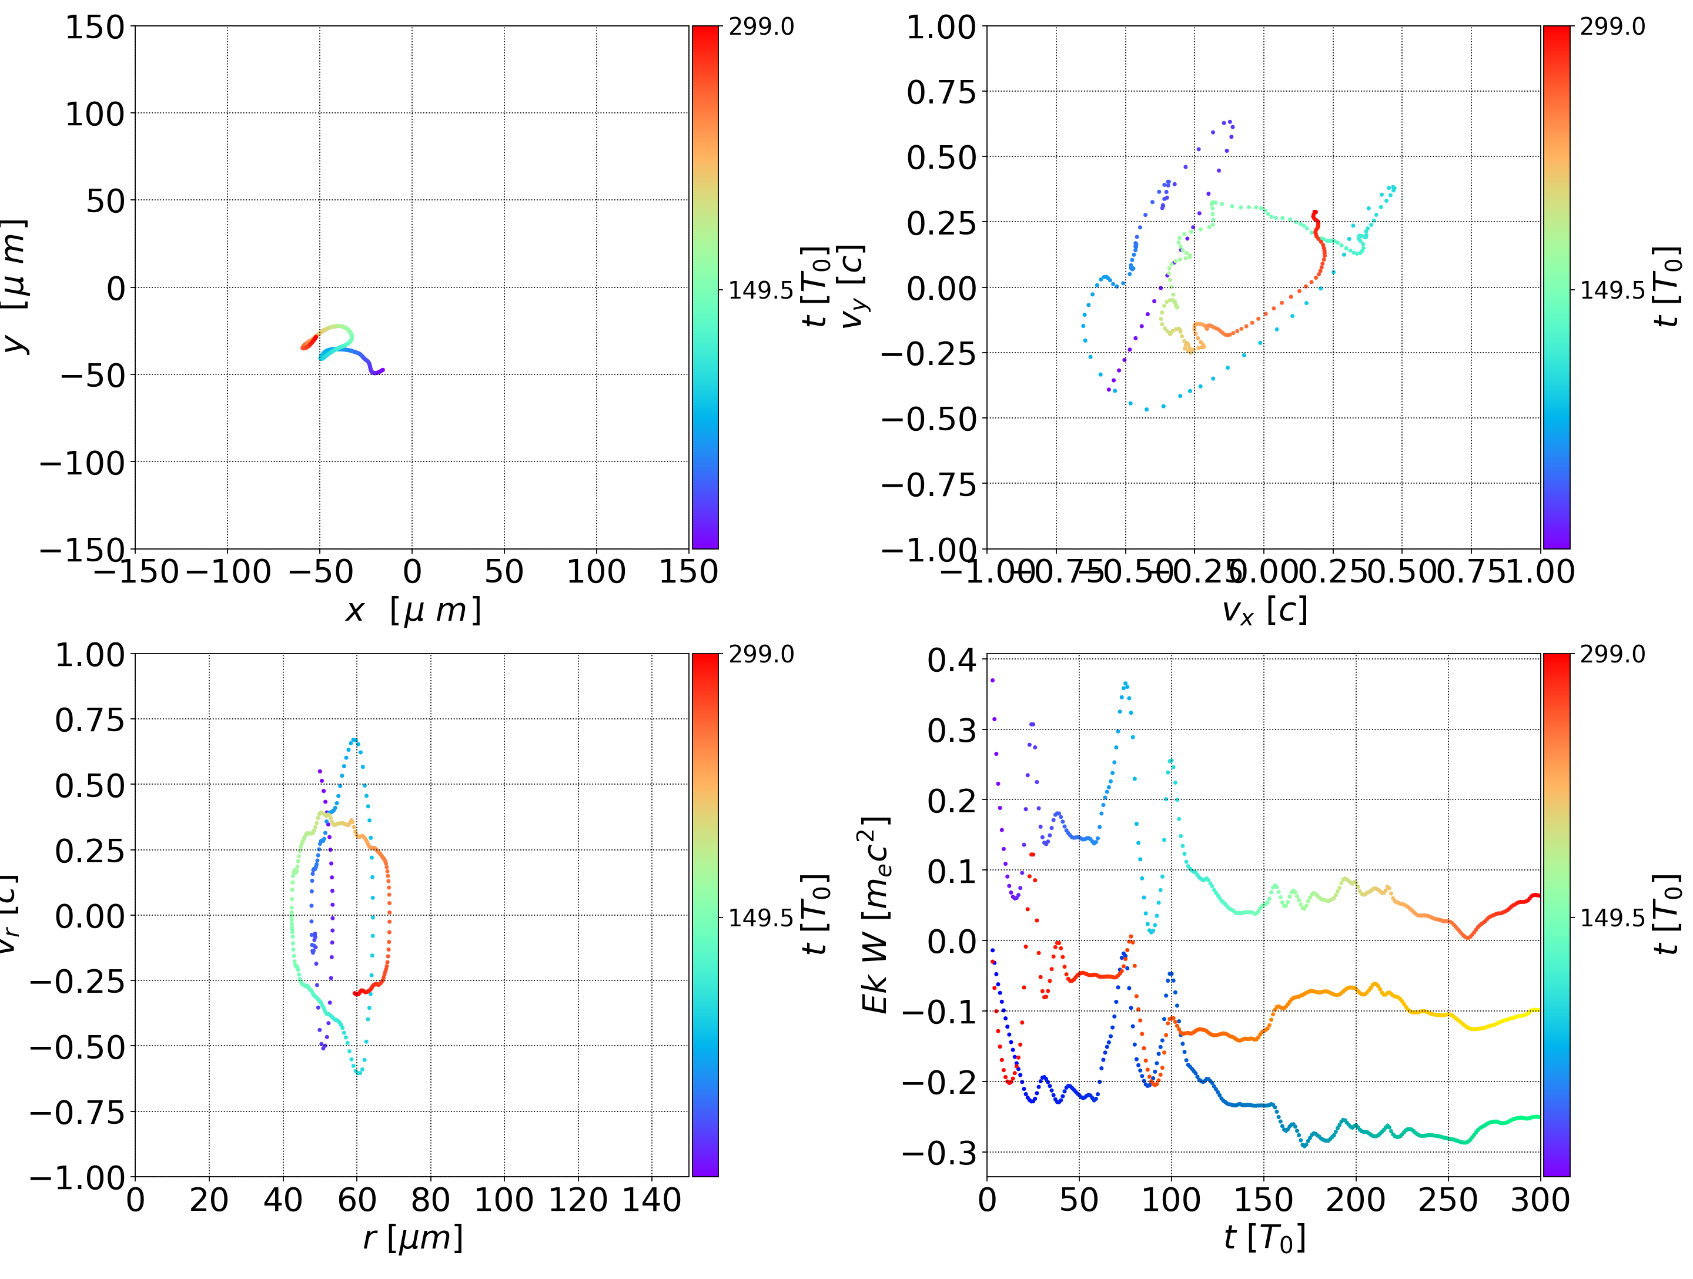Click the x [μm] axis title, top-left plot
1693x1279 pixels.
(x=413, y=611)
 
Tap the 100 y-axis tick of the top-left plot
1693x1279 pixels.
(x=94, y=114)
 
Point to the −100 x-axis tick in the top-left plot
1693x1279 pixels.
(x=228, y=572)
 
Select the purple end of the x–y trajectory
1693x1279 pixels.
(x=382, y=370)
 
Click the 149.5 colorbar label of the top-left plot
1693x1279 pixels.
(x=761, y=290)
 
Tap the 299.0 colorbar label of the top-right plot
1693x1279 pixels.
(x=1612, y=27)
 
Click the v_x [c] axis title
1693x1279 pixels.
(x=1264, y=611)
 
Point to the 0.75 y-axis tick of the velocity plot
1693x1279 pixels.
(x=941, y=93)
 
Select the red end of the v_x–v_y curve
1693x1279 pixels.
(x=1315, y=213)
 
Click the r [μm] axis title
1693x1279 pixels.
(x=413, y=1238)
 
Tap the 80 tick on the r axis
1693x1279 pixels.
(x=430, y=1200)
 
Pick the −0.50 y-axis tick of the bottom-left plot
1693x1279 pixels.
(x=76, y=1047)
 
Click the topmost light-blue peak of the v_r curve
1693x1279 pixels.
(x=354, y=740)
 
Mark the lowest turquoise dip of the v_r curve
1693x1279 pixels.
(x=358, y=1073)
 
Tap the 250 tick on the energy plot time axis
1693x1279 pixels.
(x=1447, y=1200)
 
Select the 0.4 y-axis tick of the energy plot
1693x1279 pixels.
(x=952, y=660)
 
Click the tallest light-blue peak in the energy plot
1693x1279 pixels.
(x=1125, y=684)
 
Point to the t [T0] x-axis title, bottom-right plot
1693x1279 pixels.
(x=1264, y=1238)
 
